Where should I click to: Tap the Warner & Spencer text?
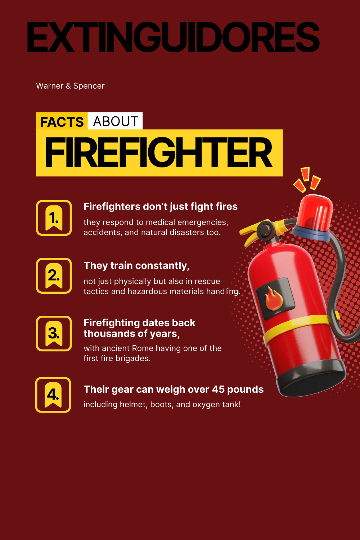tap(70, 86)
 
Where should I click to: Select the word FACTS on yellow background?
tap(62, 122)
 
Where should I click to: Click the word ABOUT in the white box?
tap(116, 121)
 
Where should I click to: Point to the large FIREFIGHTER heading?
tap(158, 152)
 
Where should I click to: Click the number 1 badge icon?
tap(54, 218)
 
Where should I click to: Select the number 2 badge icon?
tap(54, 276)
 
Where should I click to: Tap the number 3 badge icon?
tap(54, 333)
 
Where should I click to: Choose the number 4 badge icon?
tap(53, 395)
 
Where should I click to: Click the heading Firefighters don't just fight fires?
tap(161, 207)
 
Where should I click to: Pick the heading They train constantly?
tap(136, 266)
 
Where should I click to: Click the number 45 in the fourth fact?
tap(218, 390)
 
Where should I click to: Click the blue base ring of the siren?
tap(311, 233)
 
